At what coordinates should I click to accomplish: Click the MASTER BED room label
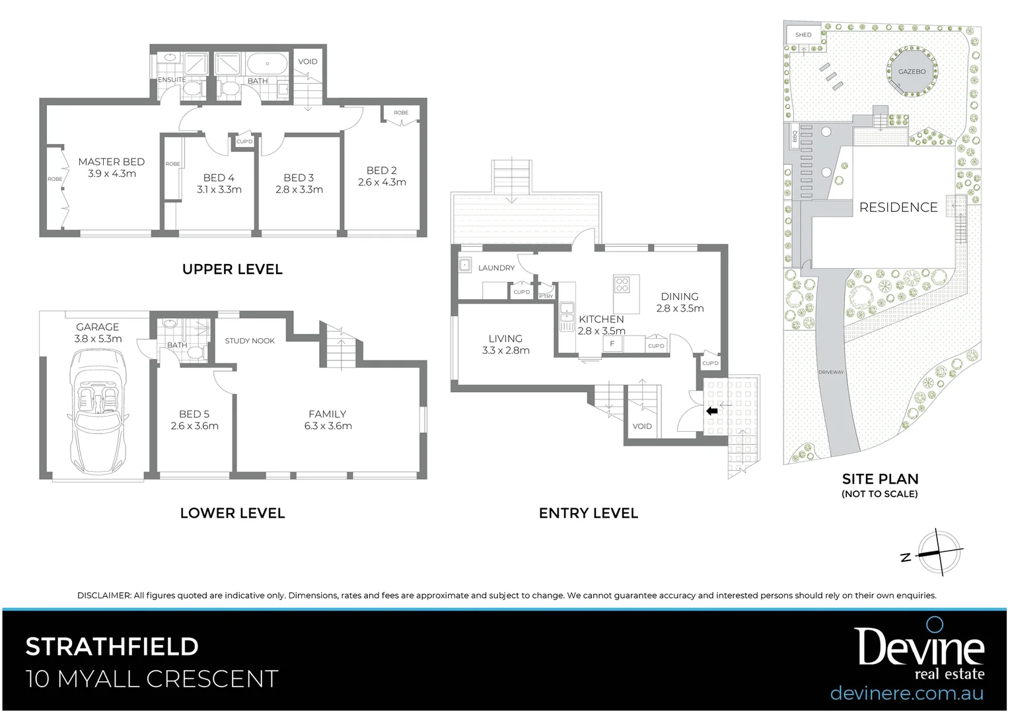pyautogui.click(x=111, y=162)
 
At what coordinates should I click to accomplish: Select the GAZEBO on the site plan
pyautogui.click(x=912, y=71)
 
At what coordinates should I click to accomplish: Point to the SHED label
pyautogui.click(x=803, y=35)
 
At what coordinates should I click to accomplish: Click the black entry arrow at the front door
pyautogui.click(x=712, y=411)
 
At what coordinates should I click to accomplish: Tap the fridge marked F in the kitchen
pyautogui.click(x=612, y=344)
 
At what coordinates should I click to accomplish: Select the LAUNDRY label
pyautogui.click(x=496, y=268)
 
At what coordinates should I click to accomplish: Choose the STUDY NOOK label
pyautogui.click(x=250, y=341)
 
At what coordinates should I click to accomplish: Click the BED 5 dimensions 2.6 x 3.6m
pyautogui.click(x=194, y=426)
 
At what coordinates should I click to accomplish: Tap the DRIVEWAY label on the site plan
pyautogui.click(x=831, y=372)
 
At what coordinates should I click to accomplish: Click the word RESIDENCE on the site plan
pyautogui.click(x=898, y=207)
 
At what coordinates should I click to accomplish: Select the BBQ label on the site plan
pyautogui.click(x=795, y=137)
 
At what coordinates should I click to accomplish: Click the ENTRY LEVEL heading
pyautogui.click(x=588, y=513)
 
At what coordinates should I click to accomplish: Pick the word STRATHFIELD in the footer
pyautogui.click(x=112, y=646)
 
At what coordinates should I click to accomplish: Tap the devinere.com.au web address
pyautogui.click(x=906, y=693)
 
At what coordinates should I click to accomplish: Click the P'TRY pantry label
pyautogui.click(x=546, y=296)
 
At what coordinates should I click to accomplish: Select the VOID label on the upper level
pyautogui.click(x=308, y=61)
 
